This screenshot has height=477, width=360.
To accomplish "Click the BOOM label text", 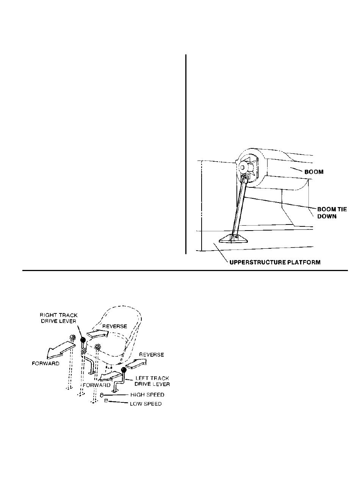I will [314, 172].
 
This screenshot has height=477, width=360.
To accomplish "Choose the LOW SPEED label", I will [146, 404].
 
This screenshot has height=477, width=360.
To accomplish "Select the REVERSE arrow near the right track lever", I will [98, 333].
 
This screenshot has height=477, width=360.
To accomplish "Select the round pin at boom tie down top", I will [243, 167].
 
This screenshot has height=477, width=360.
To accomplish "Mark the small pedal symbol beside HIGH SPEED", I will [102, 395].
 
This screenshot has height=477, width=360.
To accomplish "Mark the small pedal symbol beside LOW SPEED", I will [106, 400].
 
